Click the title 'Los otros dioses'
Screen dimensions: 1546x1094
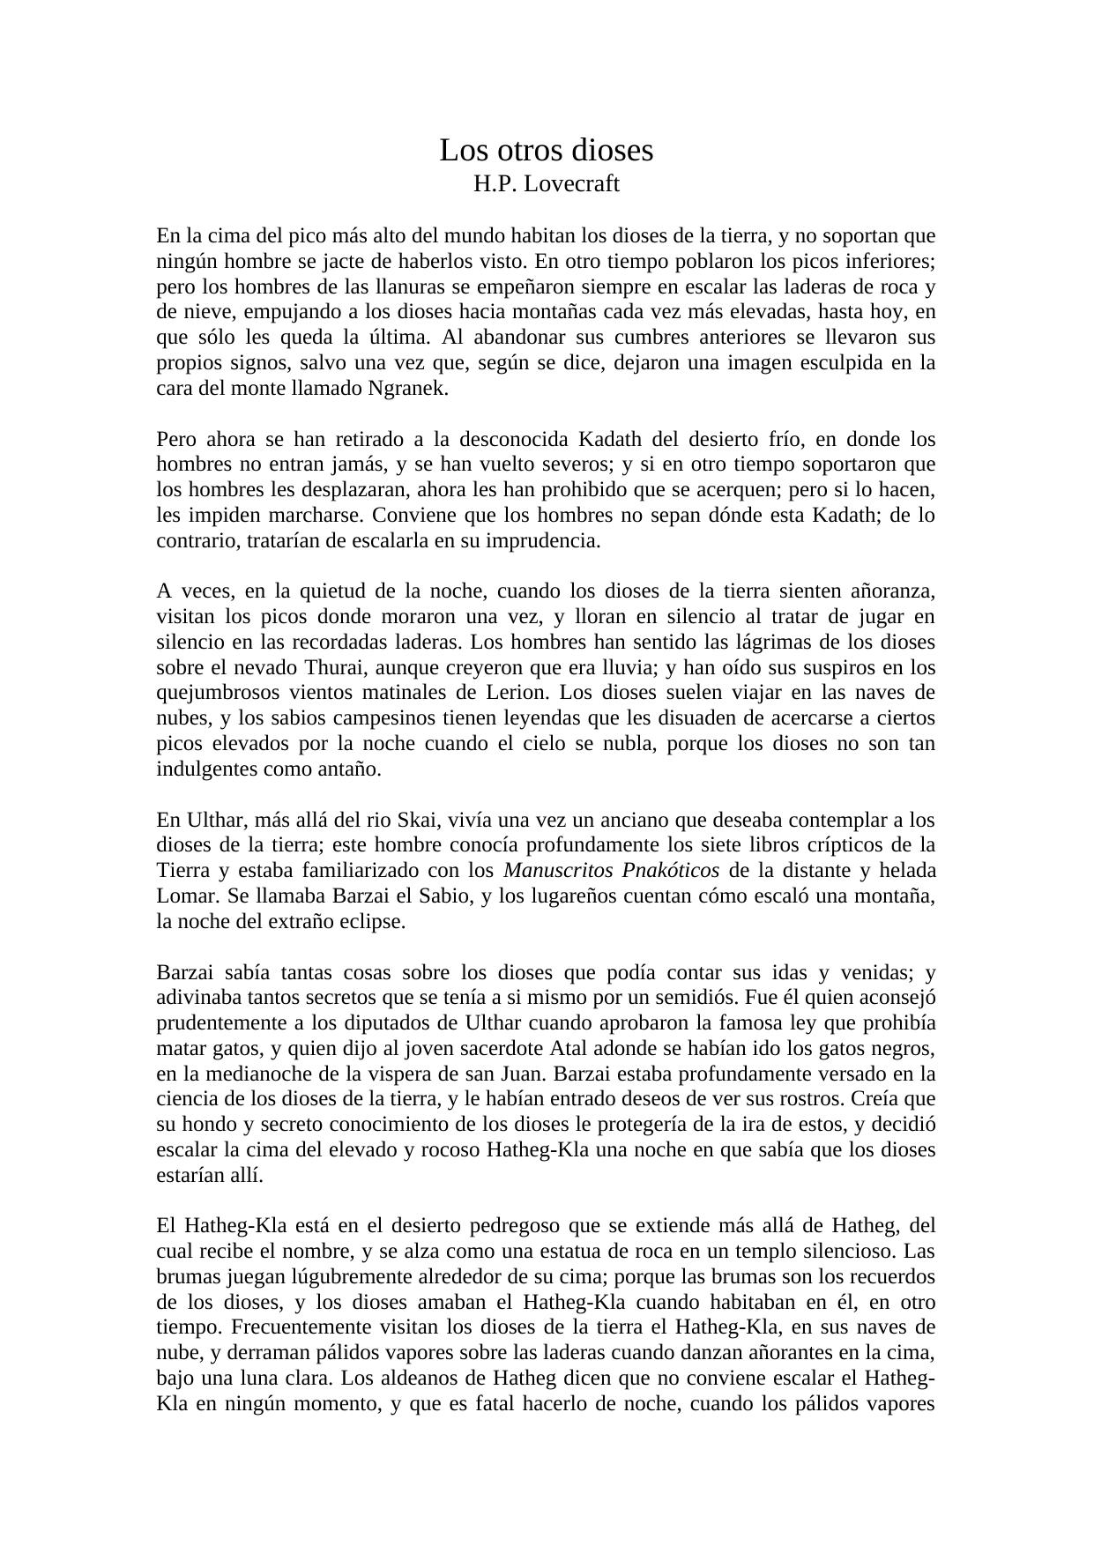[547, 151]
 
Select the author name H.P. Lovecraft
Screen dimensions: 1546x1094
[547, 184]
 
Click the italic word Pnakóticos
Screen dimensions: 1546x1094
[670, 871]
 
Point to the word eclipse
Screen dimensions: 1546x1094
[374, 922]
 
